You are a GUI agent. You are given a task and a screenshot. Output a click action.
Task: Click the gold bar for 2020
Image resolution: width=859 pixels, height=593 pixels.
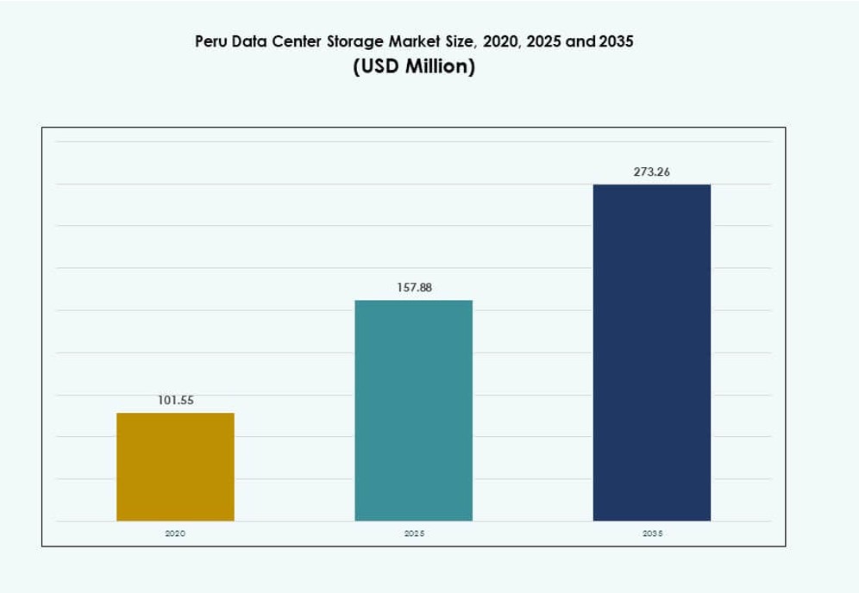[x=175, y=466]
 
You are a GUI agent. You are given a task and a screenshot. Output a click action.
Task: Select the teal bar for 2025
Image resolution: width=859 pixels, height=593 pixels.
[x=414, y=410]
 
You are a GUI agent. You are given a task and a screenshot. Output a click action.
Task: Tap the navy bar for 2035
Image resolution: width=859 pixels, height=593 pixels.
[x=652, y=353]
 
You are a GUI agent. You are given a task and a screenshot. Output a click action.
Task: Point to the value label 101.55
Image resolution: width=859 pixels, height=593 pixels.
[x=175, y=401]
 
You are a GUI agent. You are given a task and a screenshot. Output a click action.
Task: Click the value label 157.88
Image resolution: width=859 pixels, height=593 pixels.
[x=414, y=288]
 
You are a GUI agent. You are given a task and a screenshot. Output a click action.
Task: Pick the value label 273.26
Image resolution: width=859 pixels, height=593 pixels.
[x=652, y=172]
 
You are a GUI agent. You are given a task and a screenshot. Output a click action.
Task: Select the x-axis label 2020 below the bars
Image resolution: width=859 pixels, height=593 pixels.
[x=175, y=534]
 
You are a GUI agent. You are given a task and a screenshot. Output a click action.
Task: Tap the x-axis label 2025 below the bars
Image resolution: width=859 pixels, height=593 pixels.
[x=414, y=534]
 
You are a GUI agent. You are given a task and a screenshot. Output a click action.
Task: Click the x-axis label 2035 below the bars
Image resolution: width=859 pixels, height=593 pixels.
[x=652, y=534]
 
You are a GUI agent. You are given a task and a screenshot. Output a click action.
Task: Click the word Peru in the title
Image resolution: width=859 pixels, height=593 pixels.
[x=211, y=41]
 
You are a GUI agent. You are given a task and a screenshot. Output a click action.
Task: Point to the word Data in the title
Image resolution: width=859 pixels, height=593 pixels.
[x=249, y=41]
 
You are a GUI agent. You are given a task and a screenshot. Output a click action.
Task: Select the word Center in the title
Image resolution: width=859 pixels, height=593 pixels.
[x=297, y=41]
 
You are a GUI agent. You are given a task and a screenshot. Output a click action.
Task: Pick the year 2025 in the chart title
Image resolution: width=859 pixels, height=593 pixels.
[x=542, y=41]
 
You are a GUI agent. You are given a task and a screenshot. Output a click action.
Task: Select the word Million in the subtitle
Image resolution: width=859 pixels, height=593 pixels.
[x=441, y=67]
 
